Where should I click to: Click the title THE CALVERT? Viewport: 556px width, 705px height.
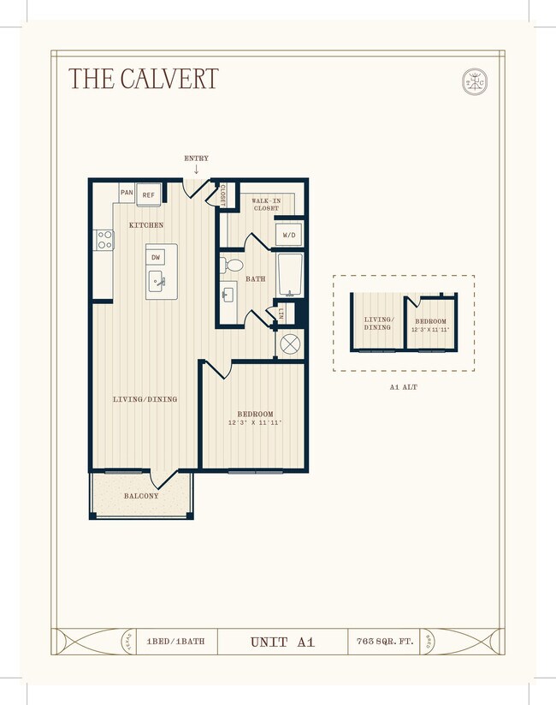click(x=143, y=79)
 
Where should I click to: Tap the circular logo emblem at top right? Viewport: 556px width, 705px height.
click(x=474, y=81)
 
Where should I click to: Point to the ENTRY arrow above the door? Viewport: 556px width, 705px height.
click(x=196, y=169)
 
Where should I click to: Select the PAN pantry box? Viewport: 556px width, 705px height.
click(x=127, y=194)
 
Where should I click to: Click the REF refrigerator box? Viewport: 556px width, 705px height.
click(x=149, y=195)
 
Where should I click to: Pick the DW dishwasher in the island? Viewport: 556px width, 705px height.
click(x=156, y=257)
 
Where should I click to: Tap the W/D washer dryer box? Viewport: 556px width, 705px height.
click(x=287, y=235)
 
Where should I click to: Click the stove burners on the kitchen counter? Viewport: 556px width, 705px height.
click(x=104, y=240)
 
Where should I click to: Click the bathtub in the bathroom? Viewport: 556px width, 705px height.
click(x=289, y=274)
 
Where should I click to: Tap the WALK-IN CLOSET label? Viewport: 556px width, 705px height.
click(x=266, y=204)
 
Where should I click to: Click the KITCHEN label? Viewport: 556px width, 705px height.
click(x=146, y=225)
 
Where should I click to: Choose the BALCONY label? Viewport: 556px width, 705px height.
click(x=141, y=496)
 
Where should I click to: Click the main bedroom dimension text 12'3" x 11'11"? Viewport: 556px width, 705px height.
click(x=254, y=423)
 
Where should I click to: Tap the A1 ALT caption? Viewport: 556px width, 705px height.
click(x=403, y=386)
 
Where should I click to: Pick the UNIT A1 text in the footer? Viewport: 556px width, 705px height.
click(x=282, y=642)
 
